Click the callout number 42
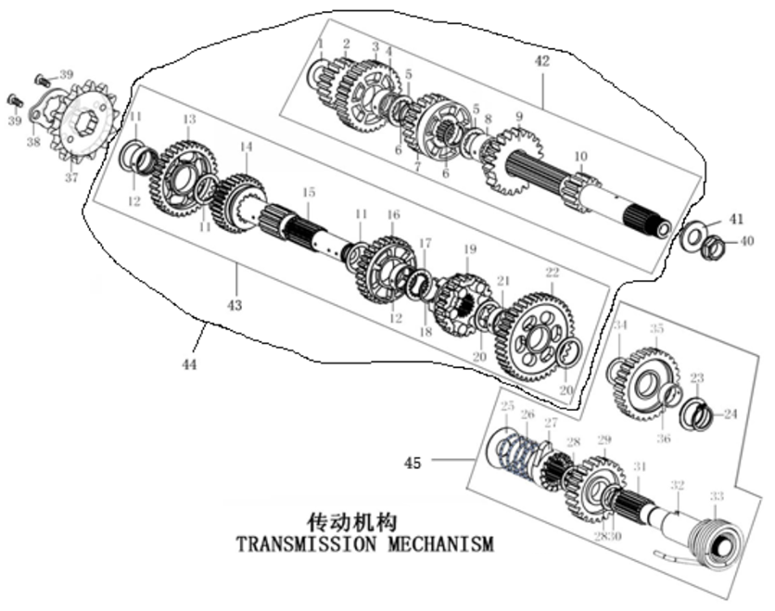[x=542, y=62]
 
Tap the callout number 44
[x=189, y=365]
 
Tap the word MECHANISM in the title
[x=435, y=543]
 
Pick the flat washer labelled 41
[x=690, y=235]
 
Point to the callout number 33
[x=717, y=495]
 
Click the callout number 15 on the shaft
[x=309, y=192]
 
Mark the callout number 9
[x=519, y=117]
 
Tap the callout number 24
[x=730, y=414]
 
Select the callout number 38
[x=33, y=142]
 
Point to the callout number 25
[x=507, y=407]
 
